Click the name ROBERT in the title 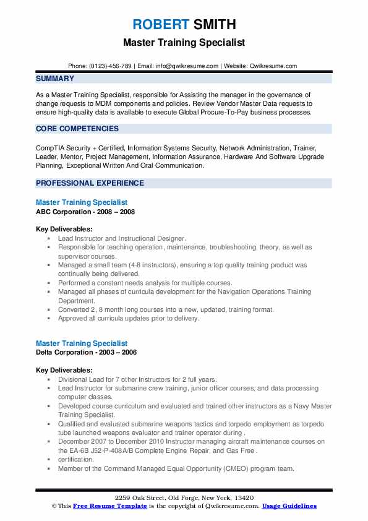pos(160,25)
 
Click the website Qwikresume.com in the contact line pos(273,66)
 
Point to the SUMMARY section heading pos(55,79)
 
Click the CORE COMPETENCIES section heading pos(77,129)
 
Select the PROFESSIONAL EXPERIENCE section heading pos(90,183)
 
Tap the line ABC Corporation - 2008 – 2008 pos(85,212)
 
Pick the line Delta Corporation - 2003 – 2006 pos(86,352)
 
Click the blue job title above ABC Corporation pos(82,202)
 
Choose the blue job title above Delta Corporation pos(82,343)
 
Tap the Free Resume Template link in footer pos(111,506)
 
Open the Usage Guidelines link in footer pos(289,506)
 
